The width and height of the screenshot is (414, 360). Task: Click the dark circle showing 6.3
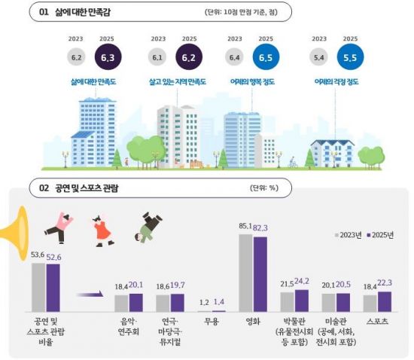(x=107, y=56)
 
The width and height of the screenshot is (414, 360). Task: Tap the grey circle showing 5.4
(x=318, y=56)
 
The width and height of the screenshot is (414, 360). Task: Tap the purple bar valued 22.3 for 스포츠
(x=385, y=301)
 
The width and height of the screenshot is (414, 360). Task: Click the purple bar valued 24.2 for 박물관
(x=302, y=301)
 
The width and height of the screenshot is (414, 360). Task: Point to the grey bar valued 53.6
(x=38, y=287)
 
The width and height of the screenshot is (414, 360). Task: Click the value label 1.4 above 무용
(x=218, y=301)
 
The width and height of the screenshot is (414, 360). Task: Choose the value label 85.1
(x=245, y=226)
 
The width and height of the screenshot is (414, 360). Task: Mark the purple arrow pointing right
(x=89, y=295)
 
